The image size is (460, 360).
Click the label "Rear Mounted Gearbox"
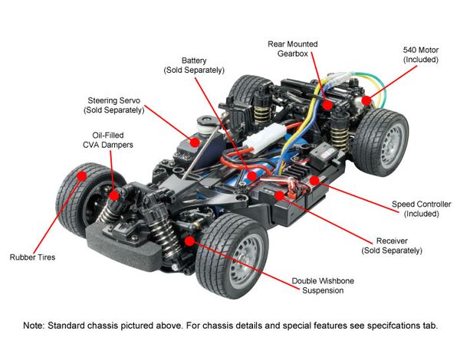[x=292, y=48]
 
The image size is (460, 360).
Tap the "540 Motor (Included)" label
[x=420, y=54]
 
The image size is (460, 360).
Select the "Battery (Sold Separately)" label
[x=194, y=65]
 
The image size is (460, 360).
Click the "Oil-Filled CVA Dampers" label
[x=107, y=140]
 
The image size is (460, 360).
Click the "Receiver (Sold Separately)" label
[x=392, y=245]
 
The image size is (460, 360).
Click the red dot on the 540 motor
[x=367, y=99]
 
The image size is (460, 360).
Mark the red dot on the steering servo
[x=195, y=142]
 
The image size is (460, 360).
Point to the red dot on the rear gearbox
[x=327, y=102]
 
